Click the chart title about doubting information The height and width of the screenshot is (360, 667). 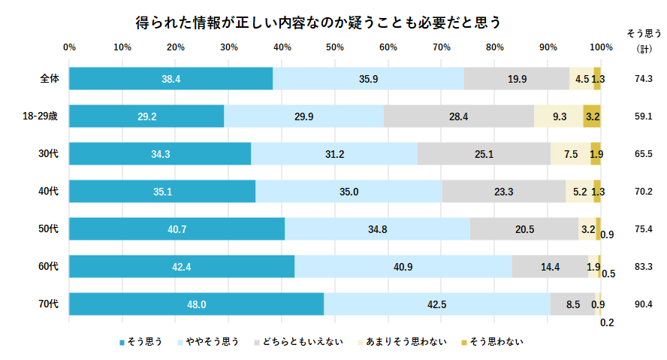(x=318, y=22)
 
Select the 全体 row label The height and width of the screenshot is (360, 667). (x=50, y=78)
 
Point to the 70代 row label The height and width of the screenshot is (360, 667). (x=50, y=304)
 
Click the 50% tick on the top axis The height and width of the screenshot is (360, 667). (x=335, y=47)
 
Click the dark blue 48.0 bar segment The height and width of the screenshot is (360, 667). (x=197, y=304)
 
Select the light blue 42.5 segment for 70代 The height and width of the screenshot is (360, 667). (x=436, y=304)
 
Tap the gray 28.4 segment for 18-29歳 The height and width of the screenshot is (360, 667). (x=458, y=116)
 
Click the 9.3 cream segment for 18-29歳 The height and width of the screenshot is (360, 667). (x=559, y=116)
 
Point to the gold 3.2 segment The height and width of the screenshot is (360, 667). (x=592, y=116)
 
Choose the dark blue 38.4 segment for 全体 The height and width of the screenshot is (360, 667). (x=171, y=79)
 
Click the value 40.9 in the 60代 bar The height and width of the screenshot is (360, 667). (x=403, y=267)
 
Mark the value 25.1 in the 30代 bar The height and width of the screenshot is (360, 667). (x=484, y=154)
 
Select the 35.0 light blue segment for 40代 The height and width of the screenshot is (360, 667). (x=349, y=192)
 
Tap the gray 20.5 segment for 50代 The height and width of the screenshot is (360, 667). (x=524, y=229)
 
